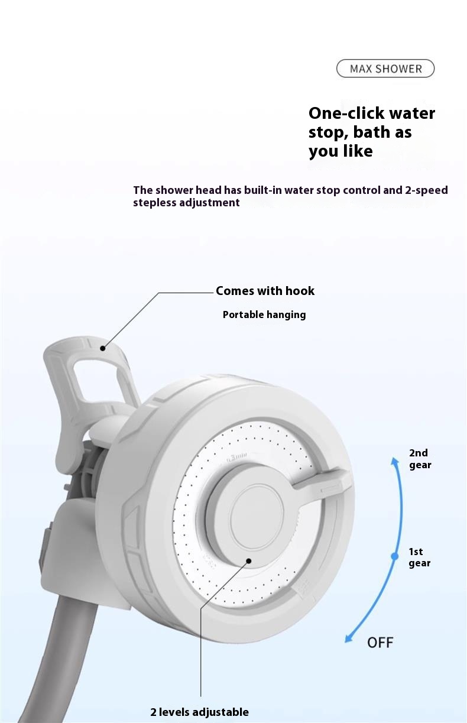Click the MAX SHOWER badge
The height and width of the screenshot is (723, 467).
385,69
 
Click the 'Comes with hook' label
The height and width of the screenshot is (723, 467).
265,291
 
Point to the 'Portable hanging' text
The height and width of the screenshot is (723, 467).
264,315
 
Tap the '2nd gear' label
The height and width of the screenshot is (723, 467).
420,459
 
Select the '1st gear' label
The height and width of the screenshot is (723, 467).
419,557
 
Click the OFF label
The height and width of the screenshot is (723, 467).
380,642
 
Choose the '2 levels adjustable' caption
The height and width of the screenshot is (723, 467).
199,712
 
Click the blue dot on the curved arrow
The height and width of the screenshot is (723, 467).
395,556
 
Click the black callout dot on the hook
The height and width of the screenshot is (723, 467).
102,349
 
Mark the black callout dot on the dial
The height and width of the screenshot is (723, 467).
249,560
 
